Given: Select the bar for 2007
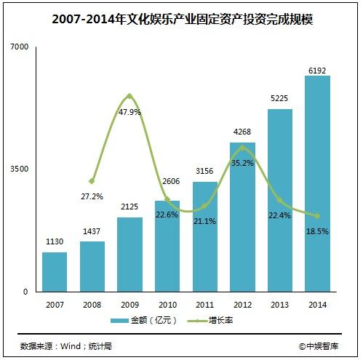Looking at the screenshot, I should point(55,272).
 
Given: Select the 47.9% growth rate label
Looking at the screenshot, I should point(129,112).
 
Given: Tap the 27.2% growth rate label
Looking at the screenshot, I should point(92,196).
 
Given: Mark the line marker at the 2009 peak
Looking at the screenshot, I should point(129,96).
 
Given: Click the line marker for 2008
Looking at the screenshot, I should point(92,180).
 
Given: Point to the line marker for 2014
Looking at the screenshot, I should point(317,216).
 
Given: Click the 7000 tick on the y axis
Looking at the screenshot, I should point(20,47).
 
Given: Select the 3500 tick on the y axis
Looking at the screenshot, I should point(20,169).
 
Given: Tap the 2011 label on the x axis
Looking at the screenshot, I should point(204,303).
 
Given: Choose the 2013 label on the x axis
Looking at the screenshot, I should point(280,303).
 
